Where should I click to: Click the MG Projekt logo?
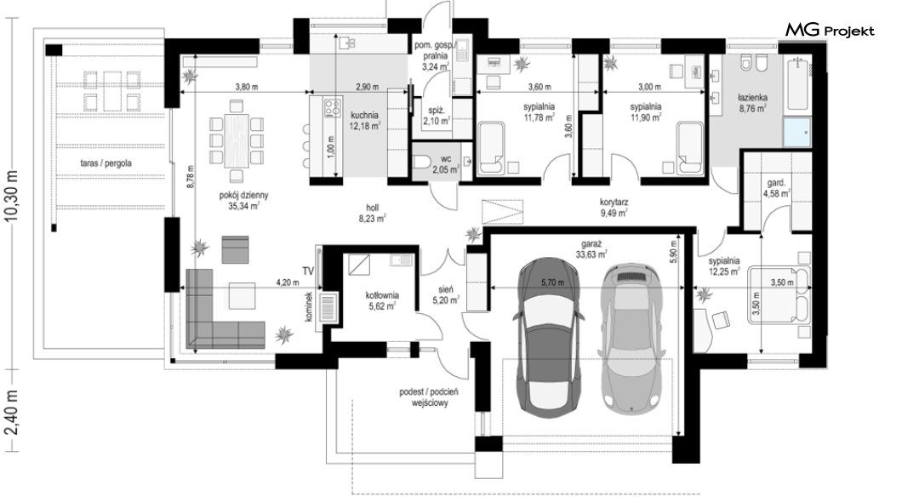click(830, 30)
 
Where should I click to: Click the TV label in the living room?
click(308, 271)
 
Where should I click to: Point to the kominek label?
click(309, 306)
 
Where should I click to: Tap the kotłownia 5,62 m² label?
click(383, 300)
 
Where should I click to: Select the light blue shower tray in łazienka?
click(796, 132)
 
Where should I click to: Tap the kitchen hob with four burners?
click(332, 107)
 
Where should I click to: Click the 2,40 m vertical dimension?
click(12, 412)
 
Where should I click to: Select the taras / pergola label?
click(106, 163)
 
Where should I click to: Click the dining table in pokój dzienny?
click(236, 140)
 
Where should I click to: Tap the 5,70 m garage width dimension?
click(552, 283)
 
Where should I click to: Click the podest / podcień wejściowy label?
click(429, 397)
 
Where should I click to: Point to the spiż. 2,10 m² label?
click(437, 116)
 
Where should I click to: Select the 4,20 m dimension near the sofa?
click(288, 283)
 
